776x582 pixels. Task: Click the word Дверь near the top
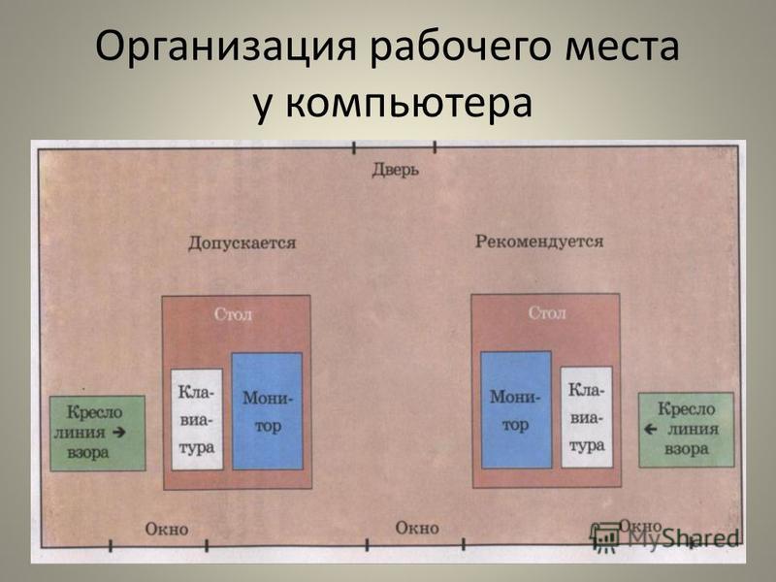395,170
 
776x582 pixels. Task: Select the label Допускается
242,243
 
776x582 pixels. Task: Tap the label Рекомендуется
539,242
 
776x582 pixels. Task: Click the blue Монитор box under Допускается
268,410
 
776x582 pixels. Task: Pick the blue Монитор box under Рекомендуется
516,409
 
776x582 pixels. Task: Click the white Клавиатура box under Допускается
197,419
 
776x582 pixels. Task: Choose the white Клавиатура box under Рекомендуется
587,417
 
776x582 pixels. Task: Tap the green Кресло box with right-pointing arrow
98,433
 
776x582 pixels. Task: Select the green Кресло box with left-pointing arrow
686,430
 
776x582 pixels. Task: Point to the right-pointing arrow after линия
118,432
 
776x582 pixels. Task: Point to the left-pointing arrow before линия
650,429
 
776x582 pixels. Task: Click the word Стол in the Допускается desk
233,314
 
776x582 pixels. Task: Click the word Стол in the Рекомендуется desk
547,312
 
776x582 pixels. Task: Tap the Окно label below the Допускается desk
167,529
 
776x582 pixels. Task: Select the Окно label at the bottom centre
417,528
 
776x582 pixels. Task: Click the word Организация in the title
226,47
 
